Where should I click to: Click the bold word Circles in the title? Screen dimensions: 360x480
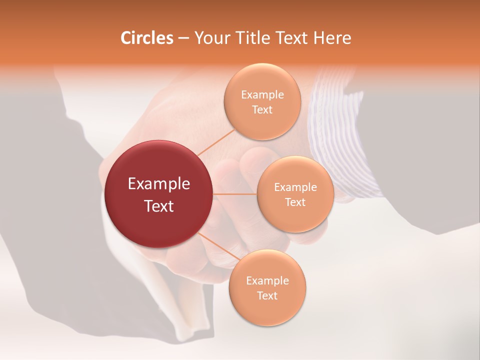(146, 38)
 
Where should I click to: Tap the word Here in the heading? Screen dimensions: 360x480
(332, 38)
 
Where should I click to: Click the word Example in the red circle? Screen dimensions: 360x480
(159, 184)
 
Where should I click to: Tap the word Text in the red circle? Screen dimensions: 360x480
(159, 206)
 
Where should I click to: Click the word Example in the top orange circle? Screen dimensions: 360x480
(262, 95)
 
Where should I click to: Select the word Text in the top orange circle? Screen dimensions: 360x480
(262, 109)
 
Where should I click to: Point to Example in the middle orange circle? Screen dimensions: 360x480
(295, 187)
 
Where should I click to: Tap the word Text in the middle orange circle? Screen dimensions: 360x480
(295, 202)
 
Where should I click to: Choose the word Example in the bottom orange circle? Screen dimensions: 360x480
(267, 281)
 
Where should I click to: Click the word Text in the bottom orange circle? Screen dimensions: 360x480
(267, 295)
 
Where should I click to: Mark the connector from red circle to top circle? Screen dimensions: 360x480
(215, 142)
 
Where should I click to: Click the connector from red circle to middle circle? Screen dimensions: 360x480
(235, 194)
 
